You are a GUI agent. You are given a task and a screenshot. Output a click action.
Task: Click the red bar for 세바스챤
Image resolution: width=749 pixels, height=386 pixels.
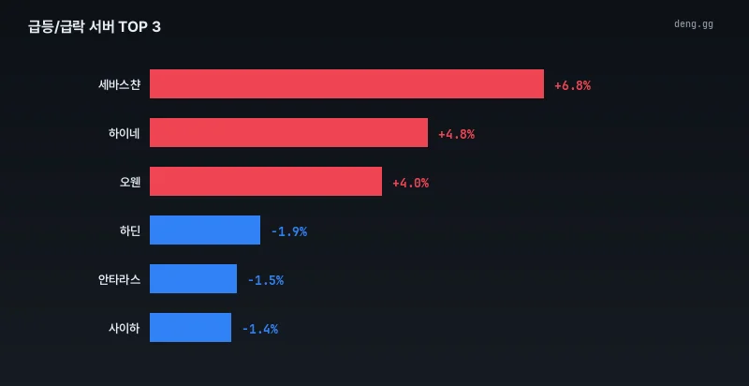click(346, 83)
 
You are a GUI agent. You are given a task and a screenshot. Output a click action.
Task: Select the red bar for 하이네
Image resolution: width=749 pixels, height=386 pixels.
click(289, 132)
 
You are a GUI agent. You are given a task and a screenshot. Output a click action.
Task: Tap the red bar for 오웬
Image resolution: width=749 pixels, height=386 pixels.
click(266, 181)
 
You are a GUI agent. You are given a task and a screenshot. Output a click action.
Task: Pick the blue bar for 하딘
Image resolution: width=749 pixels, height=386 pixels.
click(205, 230)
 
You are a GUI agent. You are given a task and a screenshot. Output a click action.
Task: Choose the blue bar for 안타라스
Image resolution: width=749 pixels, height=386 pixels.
click(194, 278)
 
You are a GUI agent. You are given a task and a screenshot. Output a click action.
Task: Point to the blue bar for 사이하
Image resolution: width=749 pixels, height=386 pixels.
click(191, 327)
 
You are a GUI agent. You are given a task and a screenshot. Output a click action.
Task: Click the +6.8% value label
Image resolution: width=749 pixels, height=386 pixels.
click(573, 86)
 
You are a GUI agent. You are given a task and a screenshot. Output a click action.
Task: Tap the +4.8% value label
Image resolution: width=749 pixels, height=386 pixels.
click(457, 135)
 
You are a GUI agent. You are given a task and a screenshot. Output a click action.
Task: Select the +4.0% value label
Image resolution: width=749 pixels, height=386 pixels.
click(411, 184)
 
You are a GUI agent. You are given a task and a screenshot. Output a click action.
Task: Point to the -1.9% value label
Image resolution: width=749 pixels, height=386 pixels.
click(289, 232)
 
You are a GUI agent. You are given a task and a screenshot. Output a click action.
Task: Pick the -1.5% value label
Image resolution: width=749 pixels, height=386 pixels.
click(266, 281)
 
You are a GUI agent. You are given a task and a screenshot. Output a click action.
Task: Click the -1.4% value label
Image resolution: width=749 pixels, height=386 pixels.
click(260, 330)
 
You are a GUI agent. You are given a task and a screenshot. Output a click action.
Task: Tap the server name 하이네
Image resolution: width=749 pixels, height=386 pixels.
click(125, 134)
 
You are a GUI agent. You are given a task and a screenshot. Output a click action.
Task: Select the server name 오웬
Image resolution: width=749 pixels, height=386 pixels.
click(130, 183)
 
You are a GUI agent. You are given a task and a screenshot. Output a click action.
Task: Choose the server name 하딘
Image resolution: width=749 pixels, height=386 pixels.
click(130, 231)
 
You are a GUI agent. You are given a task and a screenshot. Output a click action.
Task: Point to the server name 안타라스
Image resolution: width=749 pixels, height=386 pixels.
click(120, 280)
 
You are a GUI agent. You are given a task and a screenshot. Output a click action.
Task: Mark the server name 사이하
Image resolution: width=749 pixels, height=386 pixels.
click(125, 329)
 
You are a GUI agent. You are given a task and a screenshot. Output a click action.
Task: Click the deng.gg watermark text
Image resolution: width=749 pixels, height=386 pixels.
click(694, 24)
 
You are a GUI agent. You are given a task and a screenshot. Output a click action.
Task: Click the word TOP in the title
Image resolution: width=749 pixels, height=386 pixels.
click(133, 27)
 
